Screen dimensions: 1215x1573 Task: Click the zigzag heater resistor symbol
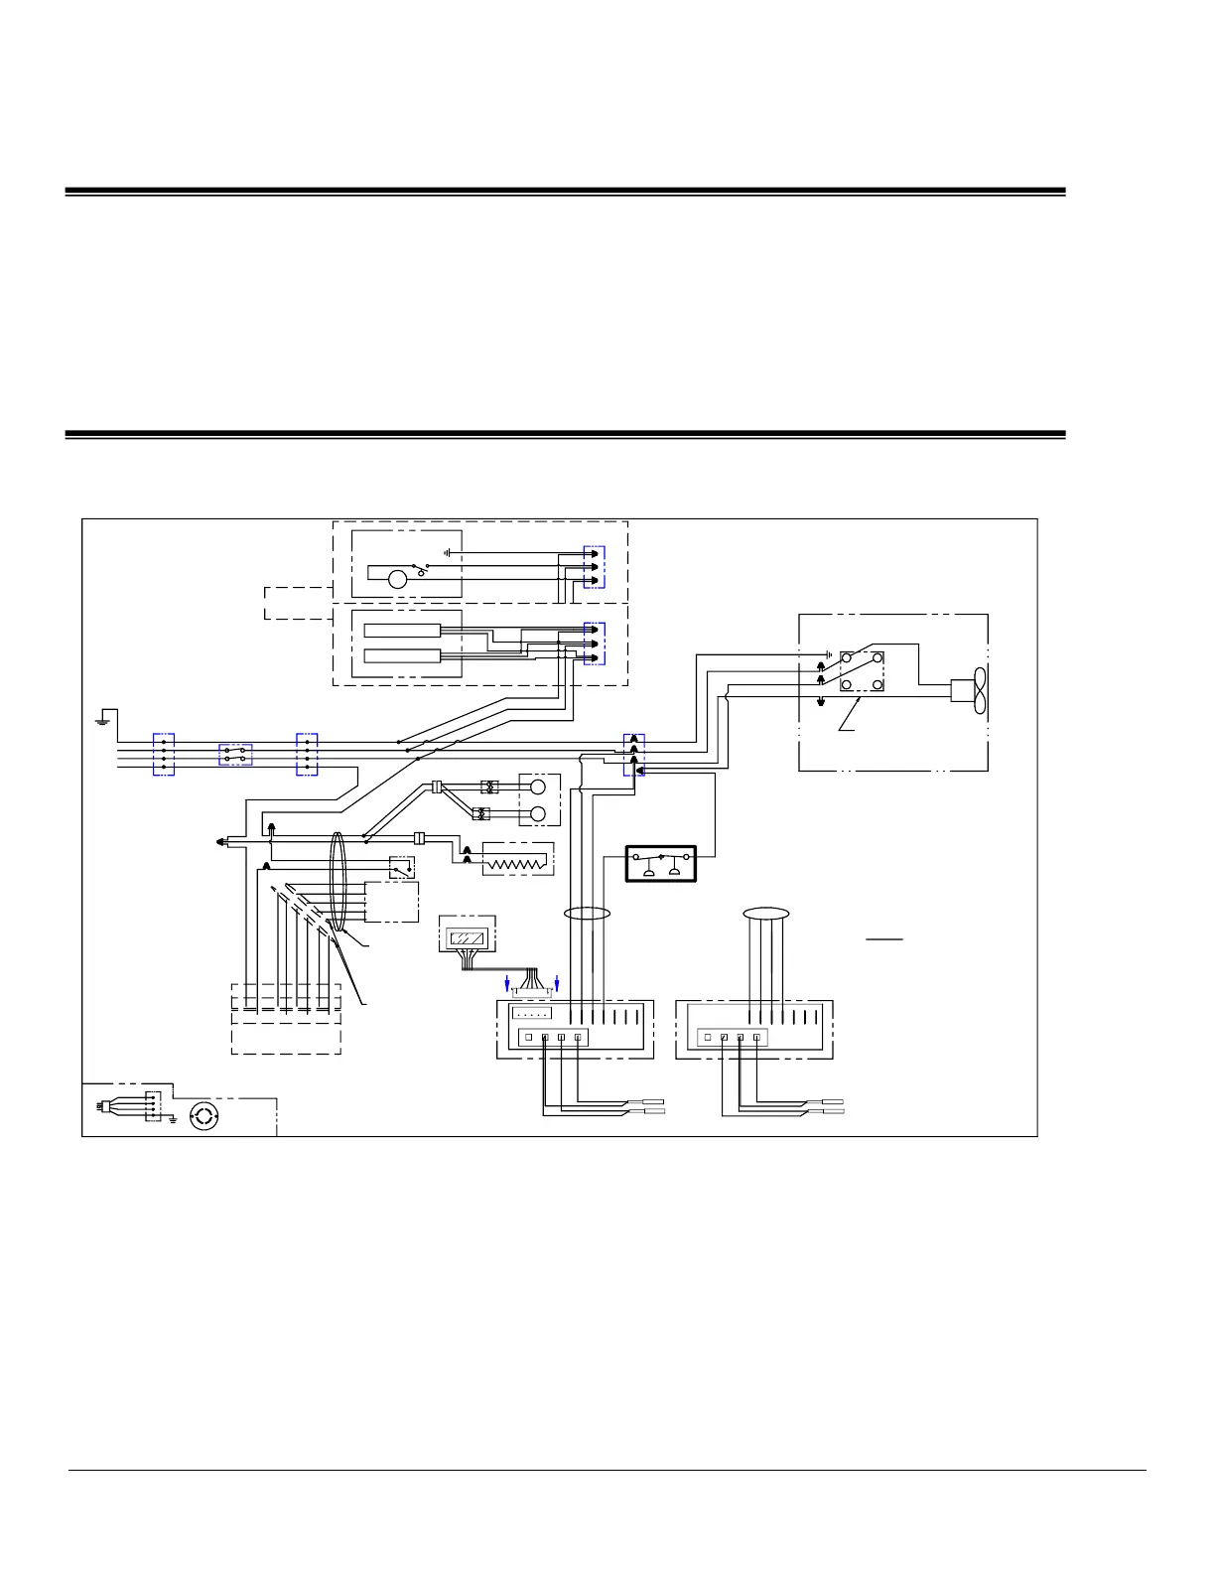click(514, 861)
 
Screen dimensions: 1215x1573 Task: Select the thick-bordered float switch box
click(660, 863)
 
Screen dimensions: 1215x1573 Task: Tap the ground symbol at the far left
click(100, 718)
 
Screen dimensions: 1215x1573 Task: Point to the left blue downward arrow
click(509, 982)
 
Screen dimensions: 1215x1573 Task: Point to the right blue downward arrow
click(557, 982)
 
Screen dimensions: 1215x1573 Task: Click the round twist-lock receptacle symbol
click(202, 1116)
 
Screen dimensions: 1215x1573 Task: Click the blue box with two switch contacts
click(235, 755)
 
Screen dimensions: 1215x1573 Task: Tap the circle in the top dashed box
click(397, 580)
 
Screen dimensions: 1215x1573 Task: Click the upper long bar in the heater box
click(402, 630)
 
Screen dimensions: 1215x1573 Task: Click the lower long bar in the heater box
click(402, 655)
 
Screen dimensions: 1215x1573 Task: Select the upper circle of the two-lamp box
click(538, 787)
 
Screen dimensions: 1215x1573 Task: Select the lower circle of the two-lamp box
click(538, 814)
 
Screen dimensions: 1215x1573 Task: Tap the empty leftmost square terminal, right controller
click(707, 1038)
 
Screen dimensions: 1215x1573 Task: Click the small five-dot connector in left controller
click(531, 1014)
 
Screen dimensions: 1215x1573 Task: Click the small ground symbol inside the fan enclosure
click(826, 655)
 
